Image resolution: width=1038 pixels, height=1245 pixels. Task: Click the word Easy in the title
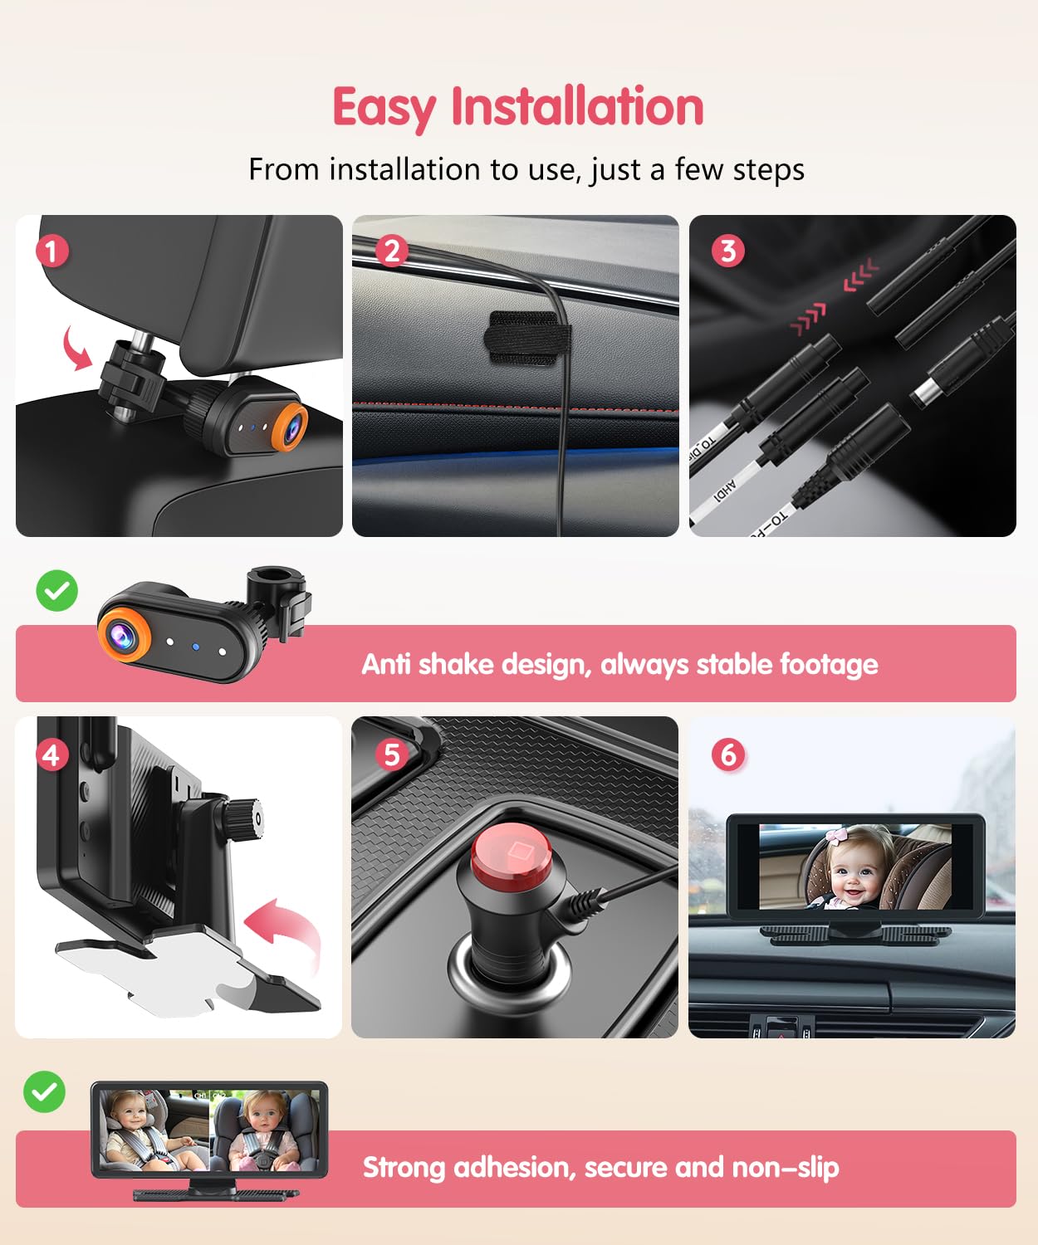[x=383, y=107]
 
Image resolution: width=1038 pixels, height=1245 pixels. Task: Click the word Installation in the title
[x=577, y=107]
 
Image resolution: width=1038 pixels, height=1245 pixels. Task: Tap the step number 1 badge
[x=52, y=251]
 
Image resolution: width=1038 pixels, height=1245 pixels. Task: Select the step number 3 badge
[x=728, y=251]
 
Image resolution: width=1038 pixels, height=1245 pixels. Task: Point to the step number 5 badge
[x=391, y=754]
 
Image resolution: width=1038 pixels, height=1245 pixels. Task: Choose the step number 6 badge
[x=728, y=754]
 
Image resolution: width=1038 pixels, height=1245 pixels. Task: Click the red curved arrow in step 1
[x=76, y=349]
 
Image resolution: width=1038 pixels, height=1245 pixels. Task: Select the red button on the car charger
[x=512, y=855]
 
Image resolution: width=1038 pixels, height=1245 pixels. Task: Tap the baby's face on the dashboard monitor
[x=855, y=871]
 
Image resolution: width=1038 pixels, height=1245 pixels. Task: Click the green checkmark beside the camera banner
[x=57, y=591]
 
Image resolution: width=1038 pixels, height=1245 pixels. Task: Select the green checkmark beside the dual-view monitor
[x=45, y=1091]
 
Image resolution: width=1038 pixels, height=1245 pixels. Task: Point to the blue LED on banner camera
[x=196, y=646]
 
